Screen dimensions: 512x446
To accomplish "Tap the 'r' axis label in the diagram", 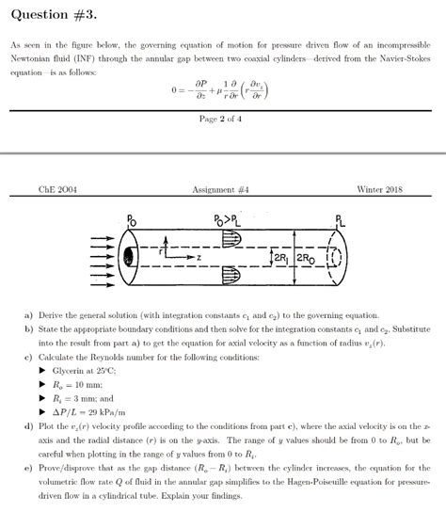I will pos(161,251).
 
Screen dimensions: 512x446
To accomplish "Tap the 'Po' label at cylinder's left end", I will pos(131,220).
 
